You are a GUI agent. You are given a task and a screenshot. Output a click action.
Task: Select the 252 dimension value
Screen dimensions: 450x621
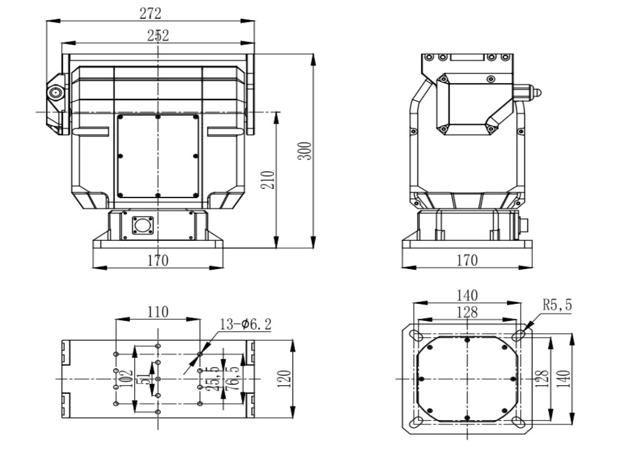pyautogui.click(x=158, y=35)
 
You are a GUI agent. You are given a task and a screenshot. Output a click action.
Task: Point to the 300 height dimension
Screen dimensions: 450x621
pyautogui.click(x=307, y=151)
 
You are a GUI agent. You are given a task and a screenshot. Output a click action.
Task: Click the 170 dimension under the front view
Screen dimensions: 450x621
pyautogui.click(x=158, y=260)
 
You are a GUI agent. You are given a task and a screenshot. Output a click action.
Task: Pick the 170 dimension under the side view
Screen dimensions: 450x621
pyautogui.click(x=466, y=260)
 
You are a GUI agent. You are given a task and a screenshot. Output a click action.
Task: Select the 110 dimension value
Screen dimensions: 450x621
pyautogui.click(x=158, y=311)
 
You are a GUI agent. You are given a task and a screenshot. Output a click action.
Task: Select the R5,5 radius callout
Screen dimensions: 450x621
pyautogui.click(x=557, y=304)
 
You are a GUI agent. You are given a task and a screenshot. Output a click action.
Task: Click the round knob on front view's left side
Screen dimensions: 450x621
pyautogui.click(x=56, y=93)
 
